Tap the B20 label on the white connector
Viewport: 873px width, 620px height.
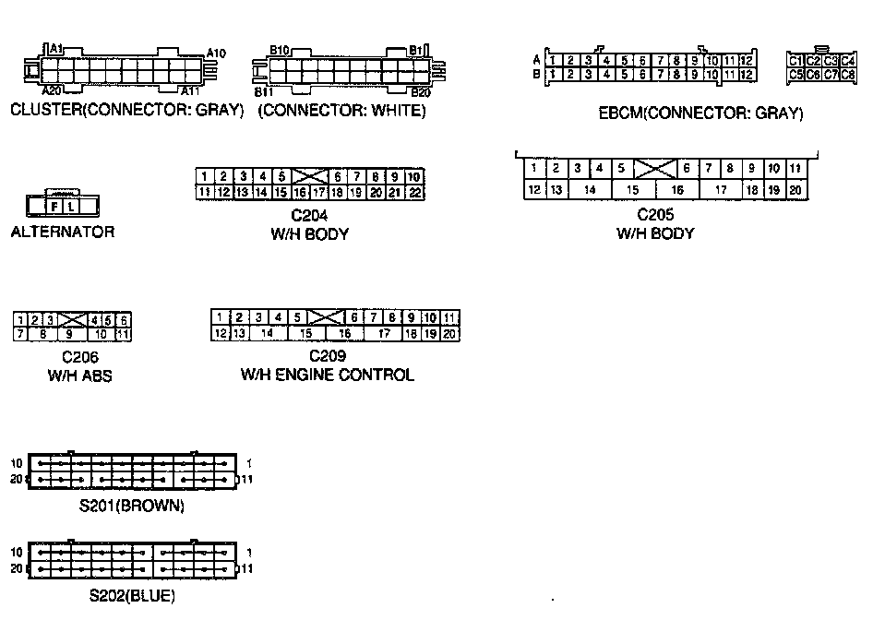point(421,92)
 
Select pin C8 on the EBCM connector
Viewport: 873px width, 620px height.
point(848,74)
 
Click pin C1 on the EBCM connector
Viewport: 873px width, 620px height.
point(795,61)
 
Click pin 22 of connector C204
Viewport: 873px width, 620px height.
point(414,192)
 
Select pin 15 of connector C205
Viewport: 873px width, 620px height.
point(632,190)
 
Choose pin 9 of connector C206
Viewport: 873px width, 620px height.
point(69,334)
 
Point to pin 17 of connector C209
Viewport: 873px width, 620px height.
point(385,333)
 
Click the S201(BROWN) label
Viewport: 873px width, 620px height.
point(131,506)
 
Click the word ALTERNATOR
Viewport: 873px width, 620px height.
point(63,232)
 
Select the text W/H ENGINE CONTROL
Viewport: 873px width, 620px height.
point(328,375)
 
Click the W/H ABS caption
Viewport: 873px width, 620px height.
point(80,376)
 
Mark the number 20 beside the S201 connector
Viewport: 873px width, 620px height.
point(16,480)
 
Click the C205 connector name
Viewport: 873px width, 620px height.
point(655,215)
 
